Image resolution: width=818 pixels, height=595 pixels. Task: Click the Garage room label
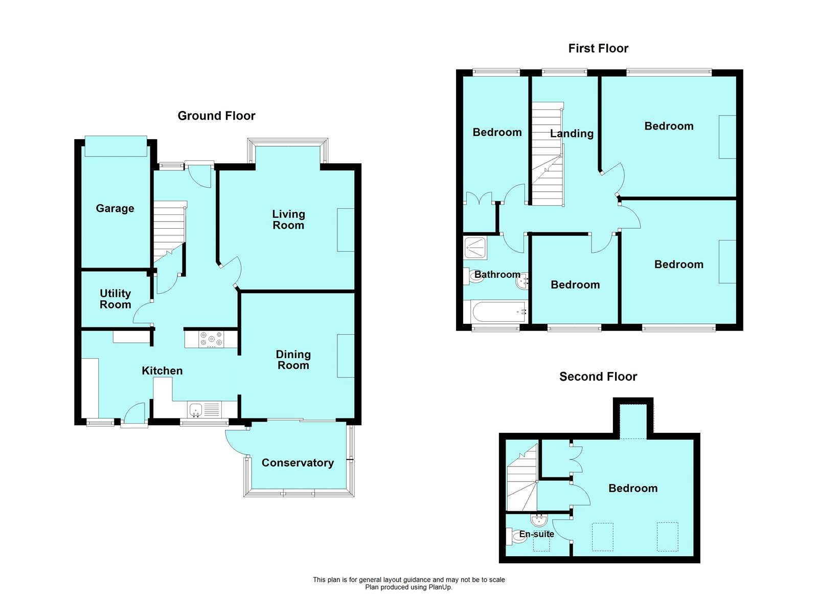[115, 208]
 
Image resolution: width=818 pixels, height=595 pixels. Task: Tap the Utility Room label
[115, 299]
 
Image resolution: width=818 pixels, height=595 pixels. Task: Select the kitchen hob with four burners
[211, 339]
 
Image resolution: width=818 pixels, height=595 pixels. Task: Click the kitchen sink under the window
[196, 409]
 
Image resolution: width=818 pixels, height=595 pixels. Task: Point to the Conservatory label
[298, 462]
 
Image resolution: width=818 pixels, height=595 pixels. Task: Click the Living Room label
[288, 219]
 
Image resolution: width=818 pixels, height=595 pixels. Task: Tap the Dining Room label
[293, 360]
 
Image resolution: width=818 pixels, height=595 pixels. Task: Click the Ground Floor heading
[216, 116]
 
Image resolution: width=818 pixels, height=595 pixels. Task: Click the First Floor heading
[598, 48]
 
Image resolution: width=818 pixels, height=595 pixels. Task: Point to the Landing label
[572, 134]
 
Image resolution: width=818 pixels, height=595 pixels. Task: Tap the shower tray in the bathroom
[475, 248]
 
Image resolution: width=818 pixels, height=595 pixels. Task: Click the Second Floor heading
[598, 377]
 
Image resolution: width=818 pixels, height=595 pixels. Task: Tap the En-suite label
[536, 534]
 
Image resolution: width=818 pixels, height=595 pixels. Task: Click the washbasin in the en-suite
[539, 521]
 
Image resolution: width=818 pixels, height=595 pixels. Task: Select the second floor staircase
[522, 478]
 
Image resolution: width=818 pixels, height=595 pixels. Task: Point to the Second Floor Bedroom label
[633, 488]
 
